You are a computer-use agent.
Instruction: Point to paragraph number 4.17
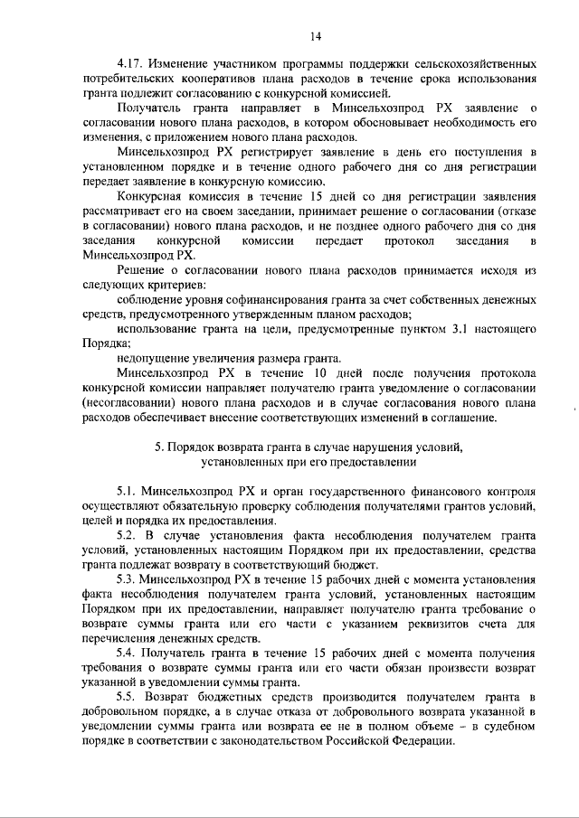133,67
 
